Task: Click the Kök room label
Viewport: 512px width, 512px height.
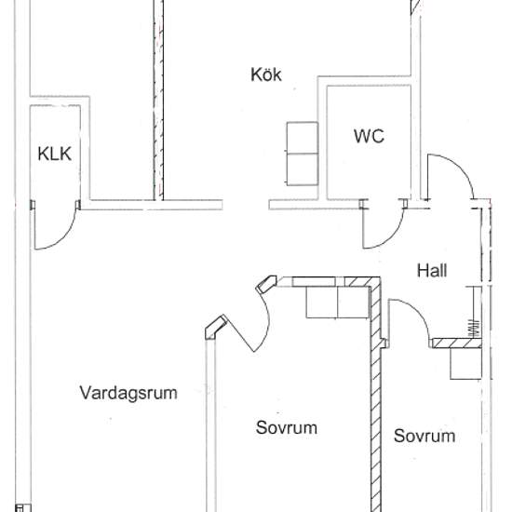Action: point(266,74)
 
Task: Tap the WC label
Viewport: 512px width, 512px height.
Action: point(369,136)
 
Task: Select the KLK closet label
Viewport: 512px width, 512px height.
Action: point(55,154)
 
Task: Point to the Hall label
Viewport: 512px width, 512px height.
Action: point(432,271)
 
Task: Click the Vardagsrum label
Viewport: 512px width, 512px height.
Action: point(128,393)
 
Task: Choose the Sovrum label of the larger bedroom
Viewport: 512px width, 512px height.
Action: point(287,427)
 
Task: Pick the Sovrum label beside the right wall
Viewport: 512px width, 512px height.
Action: point(424,436)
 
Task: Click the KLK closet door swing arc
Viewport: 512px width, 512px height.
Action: point(65,237)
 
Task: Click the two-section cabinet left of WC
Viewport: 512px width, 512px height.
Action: point(303,154)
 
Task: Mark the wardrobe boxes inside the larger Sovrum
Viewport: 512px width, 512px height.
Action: point(337,303)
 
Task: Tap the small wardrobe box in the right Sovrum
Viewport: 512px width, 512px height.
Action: point(466,363)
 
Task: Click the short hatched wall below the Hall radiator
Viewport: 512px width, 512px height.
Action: point(457,343)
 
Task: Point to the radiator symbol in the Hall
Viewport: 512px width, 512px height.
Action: point(474,328)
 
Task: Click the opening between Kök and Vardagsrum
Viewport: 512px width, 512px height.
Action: point(246,205)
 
